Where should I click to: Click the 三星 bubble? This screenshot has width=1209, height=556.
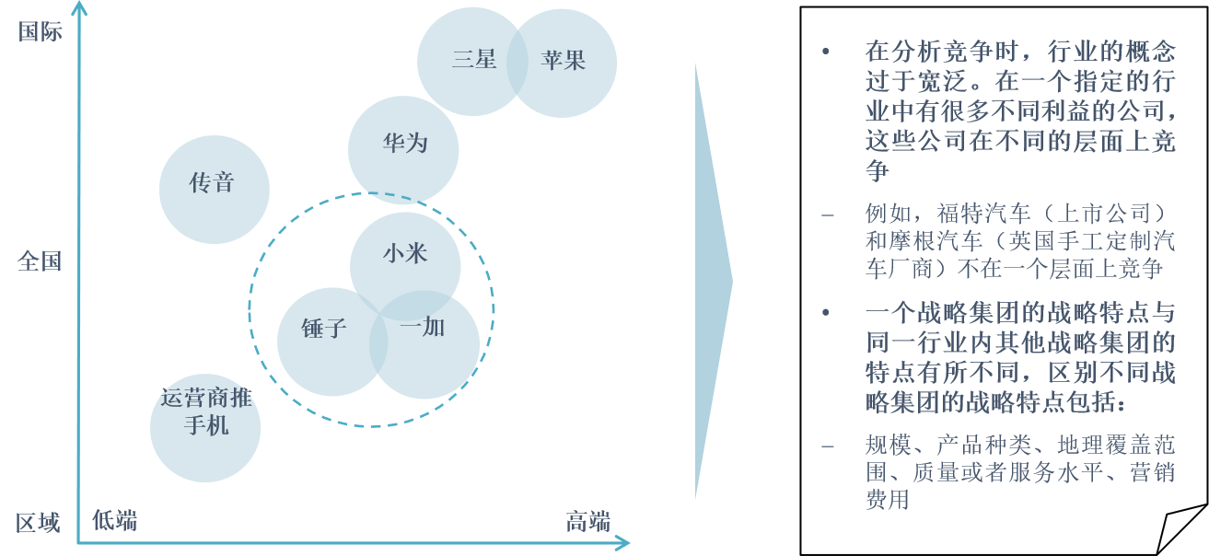[472, 61]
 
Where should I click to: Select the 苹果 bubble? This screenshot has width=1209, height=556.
[564, 61]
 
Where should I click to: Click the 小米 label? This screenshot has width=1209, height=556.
[405, 253]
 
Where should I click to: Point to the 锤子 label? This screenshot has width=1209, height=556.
[323, 329]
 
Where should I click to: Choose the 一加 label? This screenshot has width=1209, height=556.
[423, 327]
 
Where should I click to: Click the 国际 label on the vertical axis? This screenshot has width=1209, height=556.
[40, 32]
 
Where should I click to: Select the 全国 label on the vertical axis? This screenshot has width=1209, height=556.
[40, 261]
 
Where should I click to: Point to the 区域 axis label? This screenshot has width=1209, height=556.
[38, 524]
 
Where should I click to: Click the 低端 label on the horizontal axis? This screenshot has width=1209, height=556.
[115, 520]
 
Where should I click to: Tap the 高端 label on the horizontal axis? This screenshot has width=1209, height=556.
[587, 522]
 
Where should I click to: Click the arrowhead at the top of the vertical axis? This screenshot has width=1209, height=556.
[79, 9]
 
